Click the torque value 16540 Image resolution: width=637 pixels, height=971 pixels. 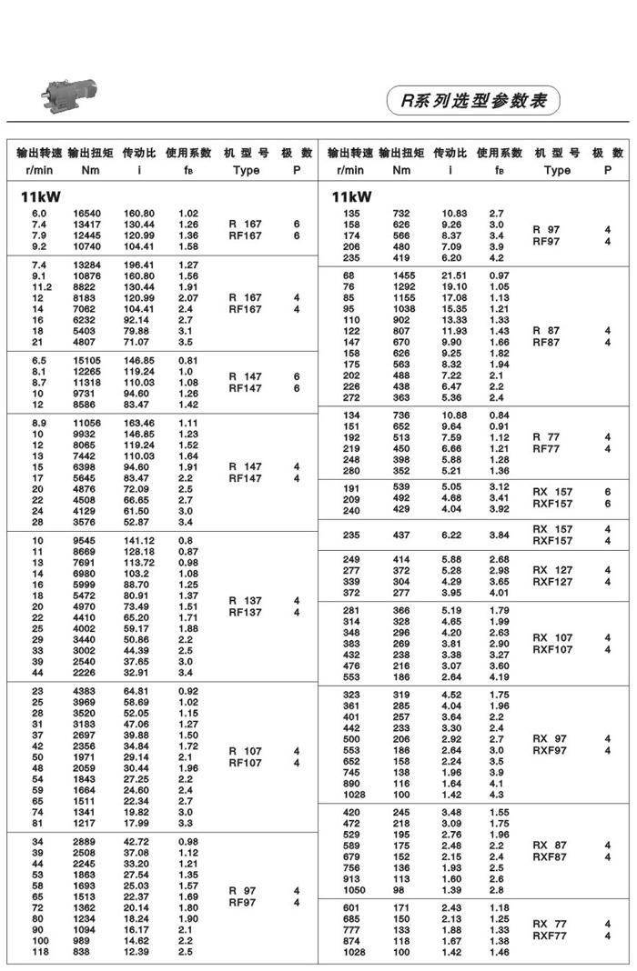click(x=87, y=214)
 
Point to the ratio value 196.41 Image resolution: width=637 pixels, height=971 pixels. click(x=138, y=265)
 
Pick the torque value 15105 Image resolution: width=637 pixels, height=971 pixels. click(x=87, y=360)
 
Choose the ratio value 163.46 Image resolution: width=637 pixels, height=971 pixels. click(x=138, y=424)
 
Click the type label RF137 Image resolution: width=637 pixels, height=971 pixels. click(x=245, y=612)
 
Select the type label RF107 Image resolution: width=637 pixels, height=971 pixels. click(x=245, y=763)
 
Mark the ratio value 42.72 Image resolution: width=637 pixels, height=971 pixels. click(x=138, y=843)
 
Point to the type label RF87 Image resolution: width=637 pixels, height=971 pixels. click(x=546, y=342)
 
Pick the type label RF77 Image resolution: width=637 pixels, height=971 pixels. click(x=546, y=448)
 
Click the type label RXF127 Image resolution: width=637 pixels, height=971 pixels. click(x=552, y=581)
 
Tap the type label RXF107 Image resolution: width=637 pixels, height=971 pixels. click(x=552, y=649)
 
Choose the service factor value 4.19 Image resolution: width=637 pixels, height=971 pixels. click(x=498, y=677)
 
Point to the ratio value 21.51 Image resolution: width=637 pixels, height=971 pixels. click(x=454, y=275)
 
